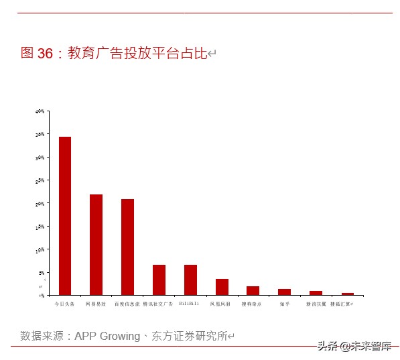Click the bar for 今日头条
(65, 216)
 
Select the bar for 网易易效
(96, 245)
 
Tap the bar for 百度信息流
(127, 247)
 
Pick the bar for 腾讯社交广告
(159, 280)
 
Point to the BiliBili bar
(190, 280)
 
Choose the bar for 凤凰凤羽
(222, 287)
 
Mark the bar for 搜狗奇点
(253, 290)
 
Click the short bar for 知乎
(284, 292)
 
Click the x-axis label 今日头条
(65, 304)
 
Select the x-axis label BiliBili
(190, 304)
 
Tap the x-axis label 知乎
(284, 304)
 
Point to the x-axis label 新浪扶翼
(316, 304)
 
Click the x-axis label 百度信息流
(127, 304)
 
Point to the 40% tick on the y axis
(40, 111)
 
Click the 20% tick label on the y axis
(40, 203)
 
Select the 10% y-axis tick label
(40, 249)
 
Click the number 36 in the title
(45, 54)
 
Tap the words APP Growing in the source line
(107, 336)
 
